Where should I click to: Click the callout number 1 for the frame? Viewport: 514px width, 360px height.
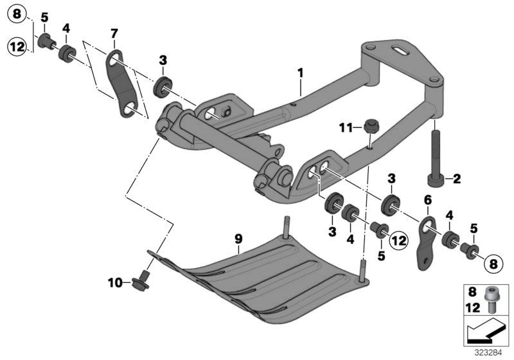point(299,73)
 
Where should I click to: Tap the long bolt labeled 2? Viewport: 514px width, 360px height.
point(435,157)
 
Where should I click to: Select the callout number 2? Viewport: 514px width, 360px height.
point(457,179)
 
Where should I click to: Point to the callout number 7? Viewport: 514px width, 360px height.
point(114,33)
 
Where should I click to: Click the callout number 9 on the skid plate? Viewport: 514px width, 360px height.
point(238,239)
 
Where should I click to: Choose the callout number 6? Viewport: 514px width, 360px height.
point(427,201)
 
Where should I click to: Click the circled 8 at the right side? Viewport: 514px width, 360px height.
point(493,262)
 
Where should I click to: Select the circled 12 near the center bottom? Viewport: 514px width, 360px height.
point(398,241)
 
